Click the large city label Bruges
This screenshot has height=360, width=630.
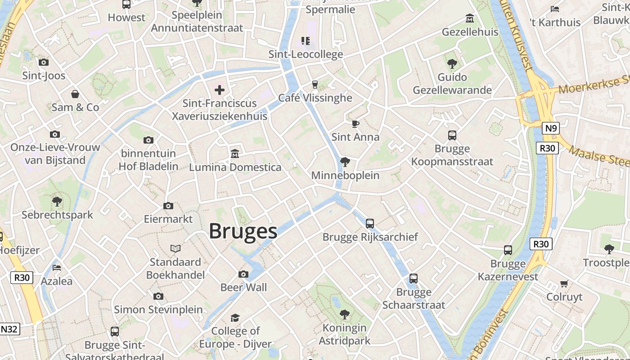[x=243, y=231]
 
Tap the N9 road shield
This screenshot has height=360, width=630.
[x=550, y=129]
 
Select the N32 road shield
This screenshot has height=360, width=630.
[x=9, y=329]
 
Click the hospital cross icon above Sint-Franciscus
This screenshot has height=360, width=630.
[x=220, y=90]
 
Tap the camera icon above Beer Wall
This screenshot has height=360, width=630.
[x=243, y=274]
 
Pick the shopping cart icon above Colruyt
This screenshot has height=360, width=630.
[x=564, y=283]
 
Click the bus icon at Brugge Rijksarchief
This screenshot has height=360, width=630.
[x=370, y=223]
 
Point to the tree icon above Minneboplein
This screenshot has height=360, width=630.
[x=345, y=162]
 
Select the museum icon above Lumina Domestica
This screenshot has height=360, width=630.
[x=234, y=154]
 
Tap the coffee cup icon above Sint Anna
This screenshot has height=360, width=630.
[x=355, y=124]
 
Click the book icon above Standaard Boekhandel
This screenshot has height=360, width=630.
[x=175, y=248]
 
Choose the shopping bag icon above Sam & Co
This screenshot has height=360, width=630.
[x=75, y=94]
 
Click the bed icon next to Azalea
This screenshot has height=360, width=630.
[x=57, y=268]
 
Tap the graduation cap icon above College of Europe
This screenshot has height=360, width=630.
[x=235, y=318]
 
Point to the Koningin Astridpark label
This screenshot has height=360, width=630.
[x=344, y=334]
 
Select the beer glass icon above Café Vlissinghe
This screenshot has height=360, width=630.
[x=315, y=84]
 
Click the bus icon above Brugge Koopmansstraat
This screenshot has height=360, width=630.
[x=452, y=135]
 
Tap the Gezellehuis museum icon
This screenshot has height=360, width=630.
[x=470, y=18]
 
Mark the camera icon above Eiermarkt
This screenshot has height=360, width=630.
[x=168, y=206]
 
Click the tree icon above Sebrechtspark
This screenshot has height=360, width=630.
[x=57, y=201]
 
